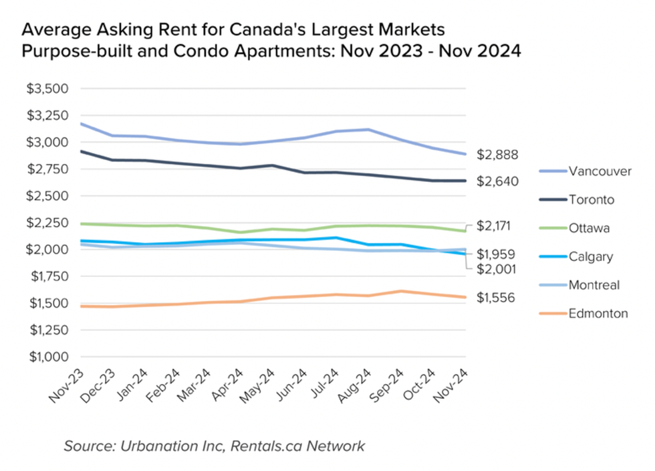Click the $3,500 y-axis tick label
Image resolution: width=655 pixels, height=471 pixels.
click(48, 88)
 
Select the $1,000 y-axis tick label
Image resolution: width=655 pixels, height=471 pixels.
click(48, 357)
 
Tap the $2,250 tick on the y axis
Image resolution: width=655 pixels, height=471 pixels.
click(48, 223)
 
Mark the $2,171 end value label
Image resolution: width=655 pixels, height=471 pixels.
click(495, 226)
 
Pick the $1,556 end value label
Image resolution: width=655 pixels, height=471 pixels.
click(495, 298)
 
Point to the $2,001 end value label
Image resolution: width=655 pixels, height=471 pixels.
click(495, 269)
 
